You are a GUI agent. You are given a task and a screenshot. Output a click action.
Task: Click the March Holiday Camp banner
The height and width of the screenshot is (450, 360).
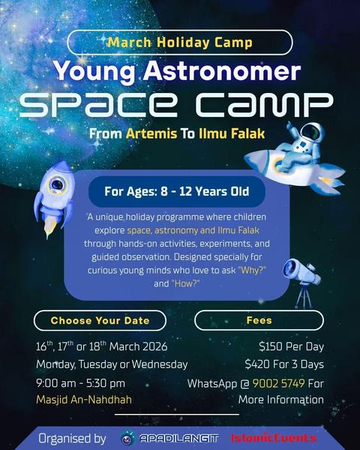pyautogui.click(x=180, y=43)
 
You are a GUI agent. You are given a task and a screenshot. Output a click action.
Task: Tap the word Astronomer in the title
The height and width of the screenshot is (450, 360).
pyautogui.click(x=222, y=71)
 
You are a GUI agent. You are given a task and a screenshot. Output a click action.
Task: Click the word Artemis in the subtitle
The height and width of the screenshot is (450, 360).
pyautogui.click(x=151, y=133)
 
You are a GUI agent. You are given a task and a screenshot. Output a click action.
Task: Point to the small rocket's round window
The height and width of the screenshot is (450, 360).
pyautogui.click(x=57, y=184)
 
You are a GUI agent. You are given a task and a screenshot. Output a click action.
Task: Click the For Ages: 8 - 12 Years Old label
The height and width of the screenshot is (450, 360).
pyautogui.click(x=176, y=191)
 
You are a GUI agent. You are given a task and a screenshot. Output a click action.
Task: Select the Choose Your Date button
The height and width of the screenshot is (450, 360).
pyautogui.click(x=100, y=320)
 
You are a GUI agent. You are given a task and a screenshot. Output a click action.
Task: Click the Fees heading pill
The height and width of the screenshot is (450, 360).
pyautogui.click(x=259, y=320)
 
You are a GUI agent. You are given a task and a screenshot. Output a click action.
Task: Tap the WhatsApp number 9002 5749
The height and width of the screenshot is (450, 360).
pyautogui.click(x=278, y=383)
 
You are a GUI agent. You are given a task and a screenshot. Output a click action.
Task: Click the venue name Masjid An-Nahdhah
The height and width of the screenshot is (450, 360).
pyautogui.click(x=84, y=400)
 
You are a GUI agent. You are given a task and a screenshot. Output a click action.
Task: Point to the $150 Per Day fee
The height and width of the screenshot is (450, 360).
pyautogui.click(x=291, y=346)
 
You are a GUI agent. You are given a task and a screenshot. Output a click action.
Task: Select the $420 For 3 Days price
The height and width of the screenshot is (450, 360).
pyautogui.click(x=284, y=364)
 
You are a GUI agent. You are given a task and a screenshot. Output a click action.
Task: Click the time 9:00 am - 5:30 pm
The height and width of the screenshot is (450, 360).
pyautogui.click(x=81, y=383)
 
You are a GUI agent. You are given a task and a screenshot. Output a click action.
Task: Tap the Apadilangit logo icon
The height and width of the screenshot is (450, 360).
pyautogui.click(x=127, y=438)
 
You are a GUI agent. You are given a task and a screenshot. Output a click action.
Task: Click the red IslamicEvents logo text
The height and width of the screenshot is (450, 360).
pyautogui.click(x=274, y=438)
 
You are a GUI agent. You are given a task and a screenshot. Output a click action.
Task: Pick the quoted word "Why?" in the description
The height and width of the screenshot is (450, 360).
pyautogui.click(x=252, y=270)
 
